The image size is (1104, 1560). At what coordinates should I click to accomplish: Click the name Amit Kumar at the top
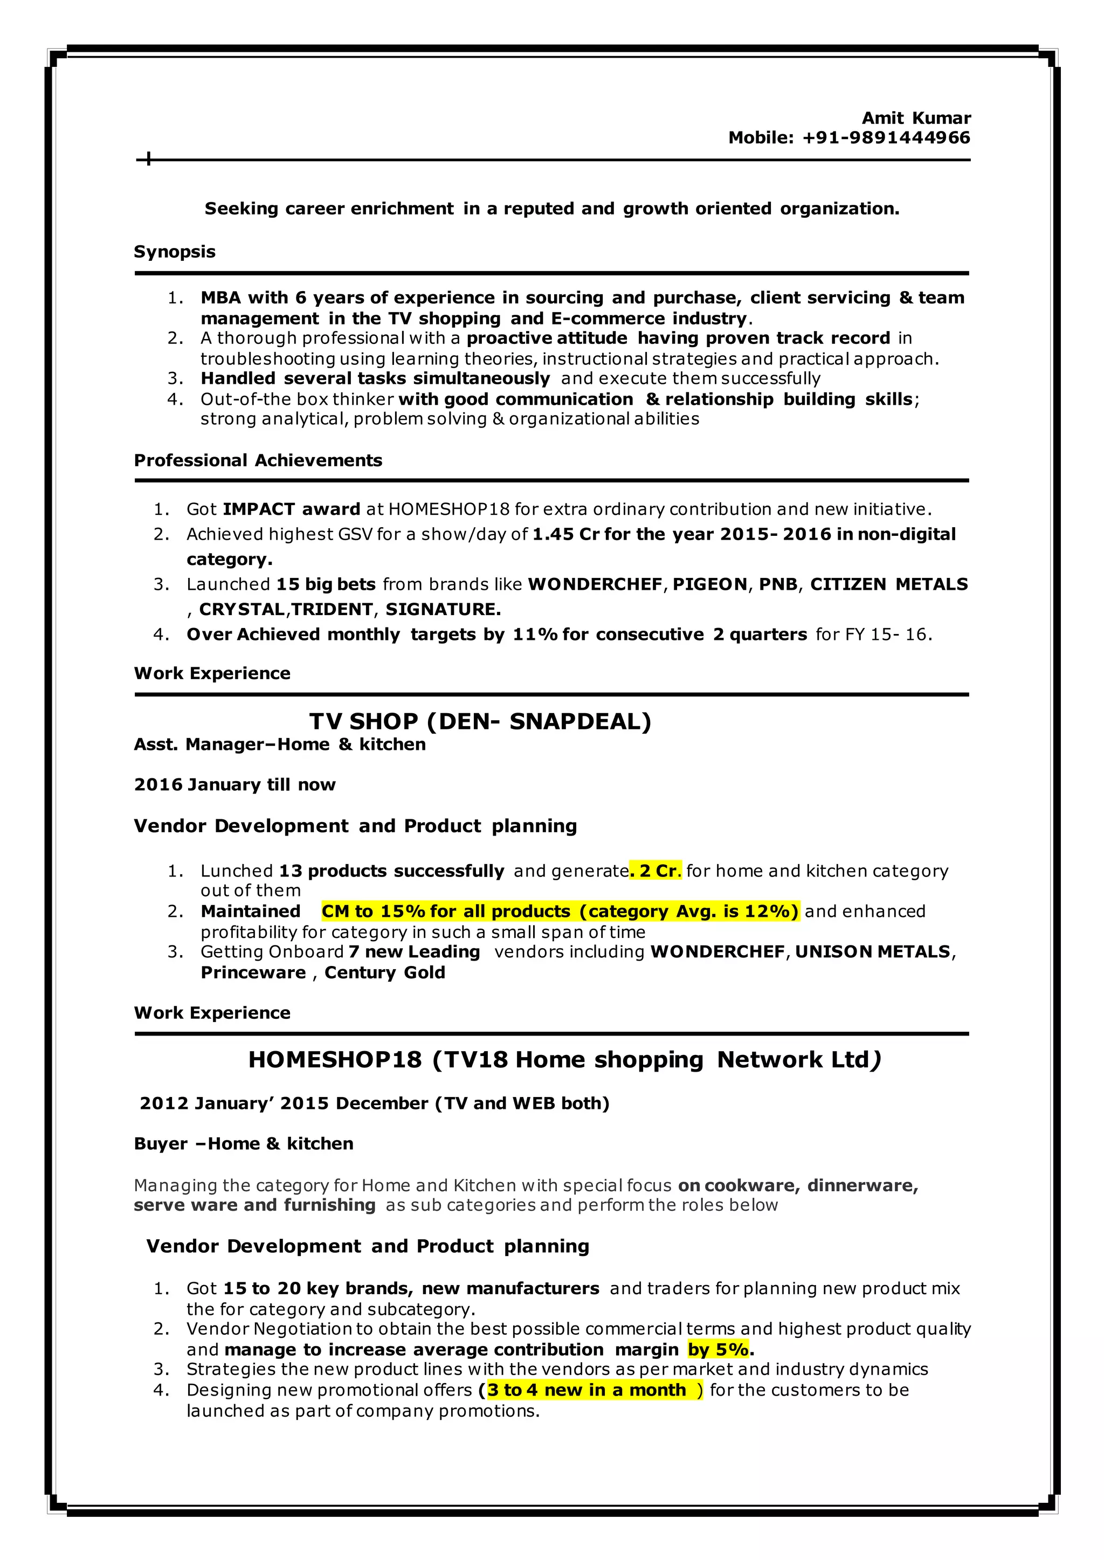pos(916,118)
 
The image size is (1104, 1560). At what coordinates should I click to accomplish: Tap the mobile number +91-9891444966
pos(886,138)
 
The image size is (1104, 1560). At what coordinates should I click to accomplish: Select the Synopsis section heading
pos(175,252)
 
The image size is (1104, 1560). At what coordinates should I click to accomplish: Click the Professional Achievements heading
pos(258,460)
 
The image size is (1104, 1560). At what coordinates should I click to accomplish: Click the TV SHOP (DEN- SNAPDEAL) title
pos(480,721)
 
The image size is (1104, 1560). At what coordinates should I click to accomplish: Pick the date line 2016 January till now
pos(234,785)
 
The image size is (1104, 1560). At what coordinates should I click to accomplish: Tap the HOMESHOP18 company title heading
pos(564,1060)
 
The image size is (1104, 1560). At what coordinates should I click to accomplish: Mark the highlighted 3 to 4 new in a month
pos(586,1390)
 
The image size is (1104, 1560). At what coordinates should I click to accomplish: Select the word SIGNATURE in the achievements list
pos(443,610)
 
